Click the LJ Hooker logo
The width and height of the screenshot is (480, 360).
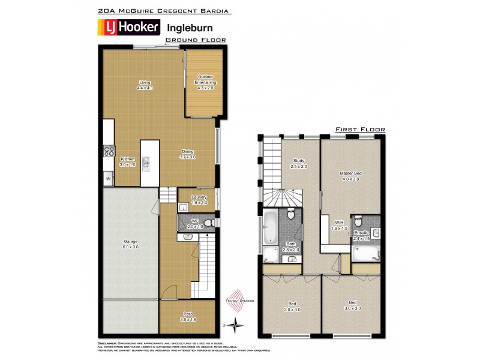pyautogui.click(x=128, y=27)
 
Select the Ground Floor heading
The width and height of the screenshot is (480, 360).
pyautogui.click(x=196, y=40)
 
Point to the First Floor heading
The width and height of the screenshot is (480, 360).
pyautogui.click(x=360, y=129)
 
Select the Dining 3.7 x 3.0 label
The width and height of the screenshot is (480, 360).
pyautogui.click(x=188, y=154)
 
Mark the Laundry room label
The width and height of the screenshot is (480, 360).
pyautogui.click(x=199, y=200)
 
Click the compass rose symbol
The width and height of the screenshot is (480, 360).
pyautogui.click(x=238, y=325)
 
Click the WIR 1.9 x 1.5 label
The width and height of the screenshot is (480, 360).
pyautogui.click(x=340, y=225)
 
